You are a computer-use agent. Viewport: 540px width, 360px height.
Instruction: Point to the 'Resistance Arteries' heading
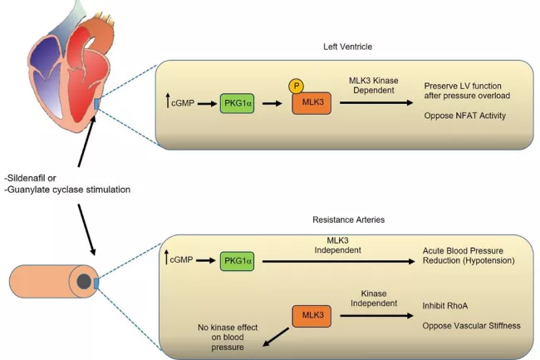(x=343, y=221)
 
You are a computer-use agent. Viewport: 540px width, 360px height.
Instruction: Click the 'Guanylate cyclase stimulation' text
(x=66, y=190)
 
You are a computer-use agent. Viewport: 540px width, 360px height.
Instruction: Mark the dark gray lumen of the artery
(x=83, y=284)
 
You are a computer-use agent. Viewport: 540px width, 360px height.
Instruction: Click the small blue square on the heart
(x=98, y=103)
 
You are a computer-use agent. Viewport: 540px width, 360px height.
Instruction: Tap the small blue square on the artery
(x=97, y=284)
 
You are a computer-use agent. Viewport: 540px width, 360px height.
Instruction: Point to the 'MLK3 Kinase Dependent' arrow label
(x=375, y=85)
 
